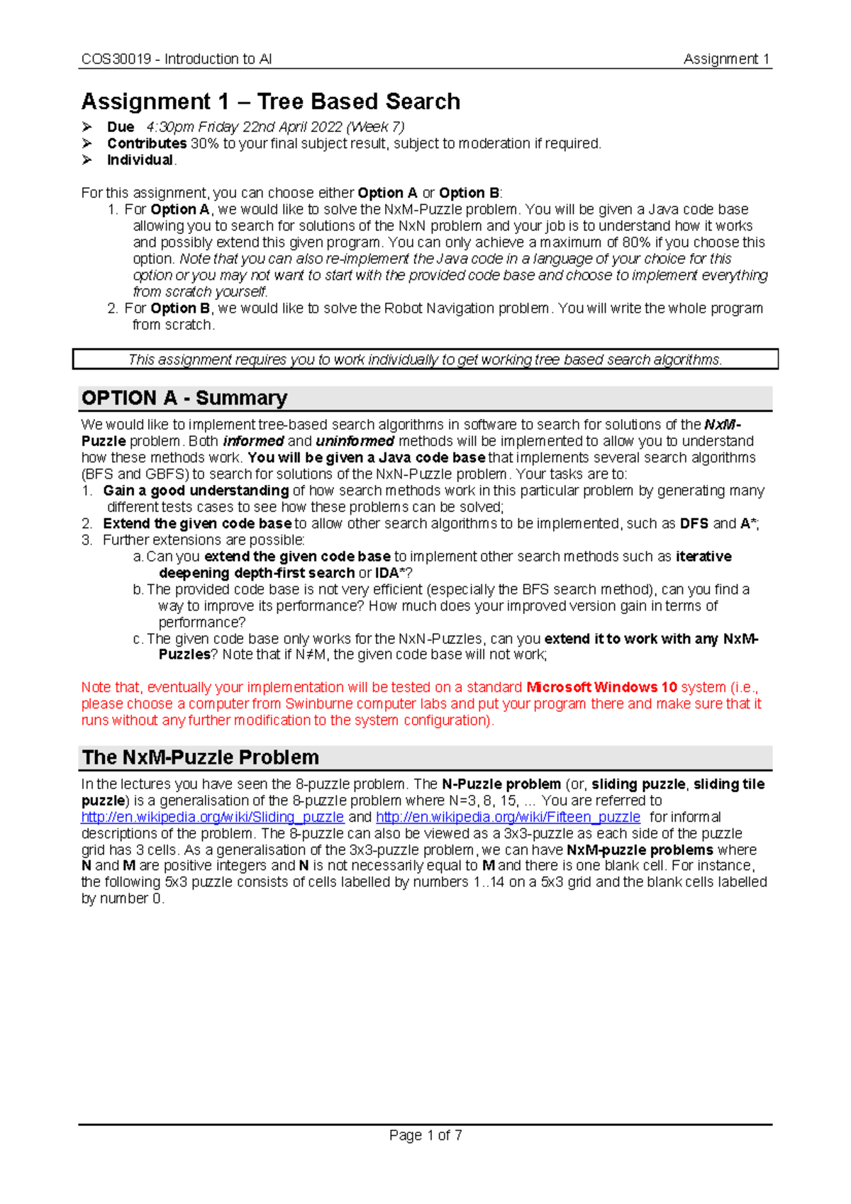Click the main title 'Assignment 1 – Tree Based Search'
point(271,101)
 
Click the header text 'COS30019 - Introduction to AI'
point(177,59)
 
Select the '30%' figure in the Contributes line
point(204,143)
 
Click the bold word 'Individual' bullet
point(140,160)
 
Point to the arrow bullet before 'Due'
point(87,127)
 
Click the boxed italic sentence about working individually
point(425,359)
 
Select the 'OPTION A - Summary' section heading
point(184,398)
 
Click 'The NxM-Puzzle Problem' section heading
point(201,757)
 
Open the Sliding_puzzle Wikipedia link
point(213,817)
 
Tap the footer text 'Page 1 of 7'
point(425,1135)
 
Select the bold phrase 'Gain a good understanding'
point(196,491)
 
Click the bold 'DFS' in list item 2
point(694,523)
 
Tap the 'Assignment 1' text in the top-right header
point(726,59)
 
